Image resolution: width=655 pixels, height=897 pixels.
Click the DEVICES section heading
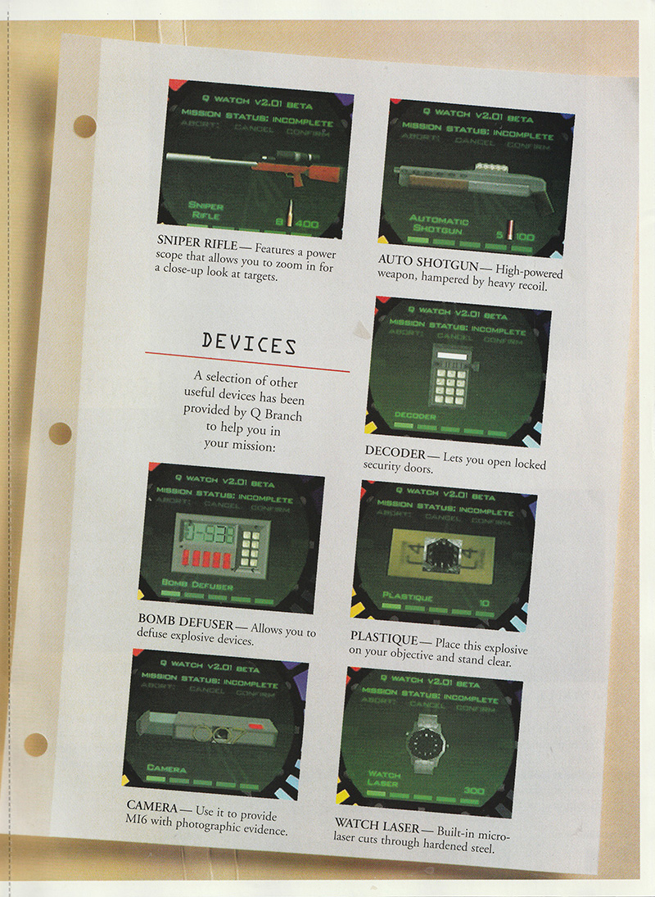(249, 344)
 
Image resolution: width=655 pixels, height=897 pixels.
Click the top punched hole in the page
(84, 126)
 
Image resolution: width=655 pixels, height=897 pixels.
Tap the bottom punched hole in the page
(35, 744)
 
